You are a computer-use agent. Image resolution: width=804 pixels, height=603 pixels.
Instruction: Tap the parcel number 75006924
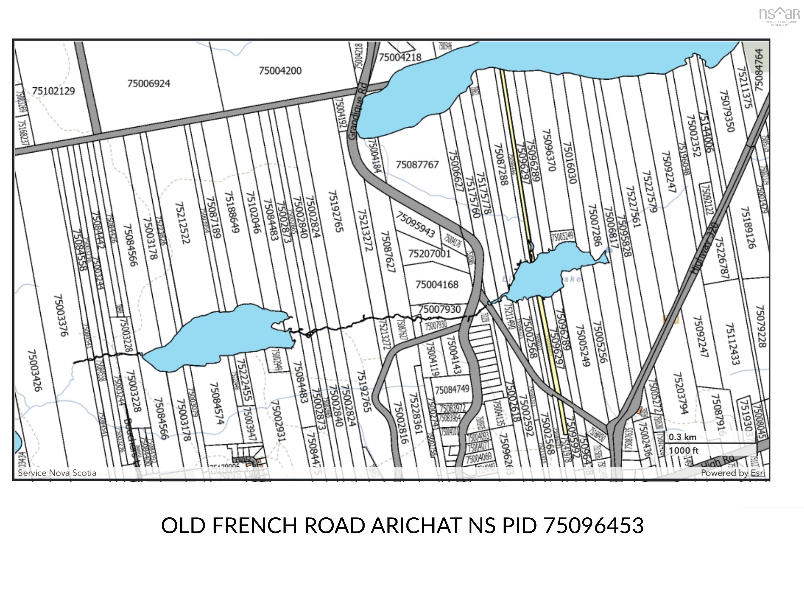pos(148,83)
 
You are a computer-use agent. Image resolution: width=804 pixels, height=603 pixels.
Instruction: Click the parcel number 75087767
pos(417,165)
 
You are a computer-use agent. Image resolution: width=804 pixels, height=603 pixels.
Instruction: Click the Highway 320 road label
pos(704,249)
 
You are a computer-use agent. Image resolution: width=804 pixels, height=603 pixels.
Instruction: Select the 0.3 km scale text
pos(682,437)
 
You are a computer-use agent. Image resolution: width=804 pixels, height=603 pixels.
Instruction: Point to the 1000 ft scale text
pos(683,450)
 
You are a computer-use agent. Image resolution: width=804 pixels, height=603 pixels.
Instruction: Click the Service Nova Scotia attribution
pos(57,473)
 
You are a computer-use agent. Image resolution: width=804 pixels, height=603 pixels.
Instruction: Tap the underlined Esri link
pos(758,473)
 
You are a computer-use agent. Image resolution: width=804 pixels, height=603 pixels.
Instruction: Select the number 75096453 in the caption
pos(594,526)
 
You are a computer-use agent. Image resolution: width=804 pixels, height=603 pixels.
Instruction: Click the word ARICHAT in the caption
pos(416,526)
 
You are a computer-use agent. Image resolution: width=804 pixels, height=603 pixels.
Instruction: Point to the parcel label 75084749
pos(452,390)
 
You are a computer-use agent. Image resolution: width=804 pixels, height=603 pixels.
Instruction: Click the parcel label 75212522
pos(182,223)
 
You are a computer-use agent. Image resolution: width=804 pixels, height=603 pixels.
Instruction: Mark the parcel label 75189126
pos(749,227)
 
